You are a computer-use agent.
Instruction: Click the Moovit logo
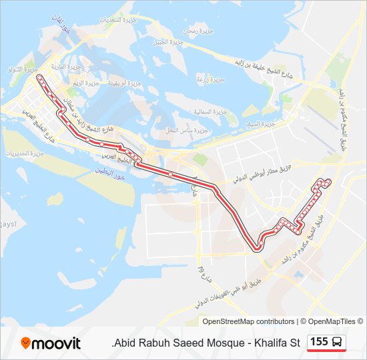click(x=51, y=343)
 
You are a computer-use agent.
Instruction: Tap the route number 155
click(x=319, y=342)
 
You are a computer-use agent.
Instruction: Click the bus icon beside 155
click(x=338, y=342)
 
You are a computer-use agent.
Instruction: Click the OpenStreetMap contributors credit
click(x=248, y=321)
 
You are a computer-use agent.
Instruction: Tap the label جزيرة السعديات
click(x=121, y=20)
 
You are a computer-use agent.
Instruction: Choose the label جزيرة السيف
click(x=259, y=125)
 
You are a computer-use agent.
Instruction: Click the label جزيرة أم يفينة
click(x=124, y=84)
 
